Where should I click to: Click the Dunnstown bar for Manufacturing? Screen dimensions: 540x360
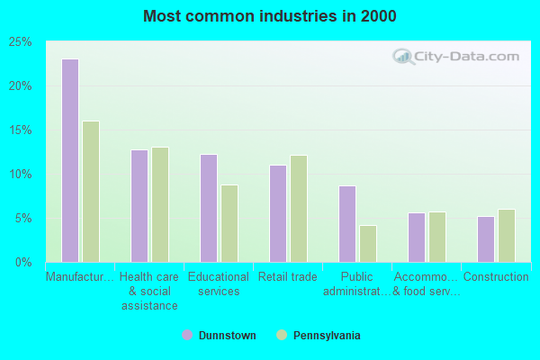(70, 160)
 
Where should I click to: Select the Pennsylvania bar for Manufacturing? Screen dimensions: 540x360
(91, 192)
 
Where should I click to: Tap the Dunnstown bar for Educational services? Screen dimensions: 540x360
(209, 209)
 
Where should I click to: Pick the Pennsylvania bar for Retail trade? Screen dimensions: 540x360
(299, 209)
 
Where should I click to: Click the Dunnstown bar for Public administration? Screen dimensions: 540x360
(347, 224)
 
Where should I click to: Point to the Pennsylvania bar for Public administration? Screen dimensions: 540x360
(368, 244)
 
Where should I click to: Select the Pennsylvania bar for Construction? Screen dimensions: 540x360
(507, 236)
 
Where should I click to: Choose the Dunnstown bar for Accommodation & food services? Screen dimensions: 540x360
(417, 238)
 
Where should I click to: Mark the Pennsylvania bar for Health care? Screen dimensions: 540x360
(160, 205)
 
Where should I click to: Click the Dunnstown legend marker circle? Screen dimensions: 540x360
(187, 335)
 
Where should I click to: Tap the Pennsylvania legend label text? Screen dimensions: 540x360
(327, 335)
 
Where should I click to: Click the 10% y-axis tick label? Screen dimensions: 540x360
(21, 175)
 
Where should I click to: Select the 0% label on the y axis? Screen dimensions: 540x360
(23, 263)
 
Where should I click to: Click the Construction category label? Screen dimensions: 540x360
(496, 276)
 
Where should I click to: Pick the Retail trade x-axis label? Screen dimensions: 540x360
(288, 276)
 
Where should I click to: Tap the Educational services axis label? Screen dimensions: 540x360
(219, 283)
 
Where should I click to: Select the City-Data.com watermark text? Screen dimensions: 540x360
(466, 57)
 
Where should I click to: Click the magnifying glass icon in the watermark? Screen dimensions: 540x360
(403, 57)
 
